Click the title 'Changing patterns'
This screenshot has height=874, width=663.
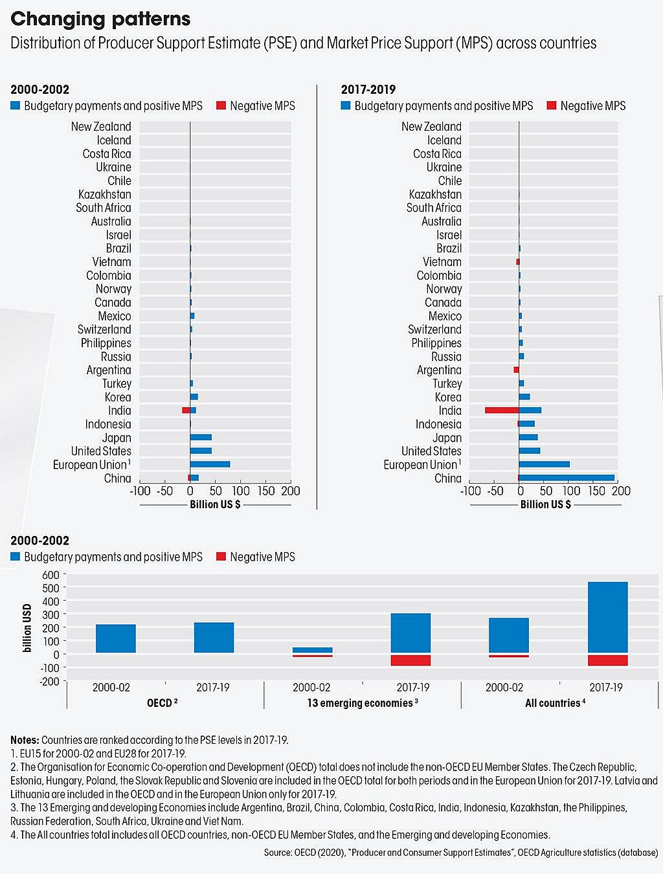pos(100,19)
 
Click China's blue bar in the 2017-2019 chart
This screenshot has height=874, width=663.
pos(567,478)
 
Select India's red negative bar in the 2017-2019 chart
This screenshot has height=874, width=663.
pos(502,410)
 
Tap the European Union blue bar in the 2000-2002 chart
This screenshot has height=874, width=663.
pos(210,464)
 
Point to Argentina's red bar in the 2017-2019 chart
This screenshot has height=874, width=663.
pos(516,370)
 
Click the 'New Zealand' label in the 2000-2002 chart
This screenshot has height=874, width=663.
pos(101,126)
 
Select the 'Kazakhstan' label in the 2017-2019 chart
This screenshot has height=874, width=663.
pos(435,194)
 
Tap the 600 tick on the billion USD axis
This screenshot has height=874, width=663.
pos(51,575)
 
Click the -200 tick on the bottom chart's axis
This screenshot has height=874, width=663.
pos(49,681)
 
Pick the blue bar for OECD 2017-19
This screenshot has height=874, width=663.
pos(214,638)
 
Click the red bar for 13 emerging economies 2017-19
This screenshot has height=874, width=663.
pos(410,660)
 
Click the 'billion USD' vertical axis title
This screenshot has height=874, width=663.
pos(27,627)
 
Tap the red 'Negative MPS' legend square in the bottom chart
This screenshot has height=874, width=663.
pos(221,557)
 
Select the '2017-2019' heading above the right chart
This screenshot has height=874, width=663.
pos(368,89)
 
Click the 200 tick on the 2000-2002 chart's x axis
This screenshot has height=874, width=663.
pos(291,491)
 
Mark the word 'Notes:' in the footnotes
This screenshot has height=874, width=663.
pos(25,739)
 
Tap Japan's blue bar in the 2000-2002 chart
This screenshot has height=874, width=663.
pos(201,438)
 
